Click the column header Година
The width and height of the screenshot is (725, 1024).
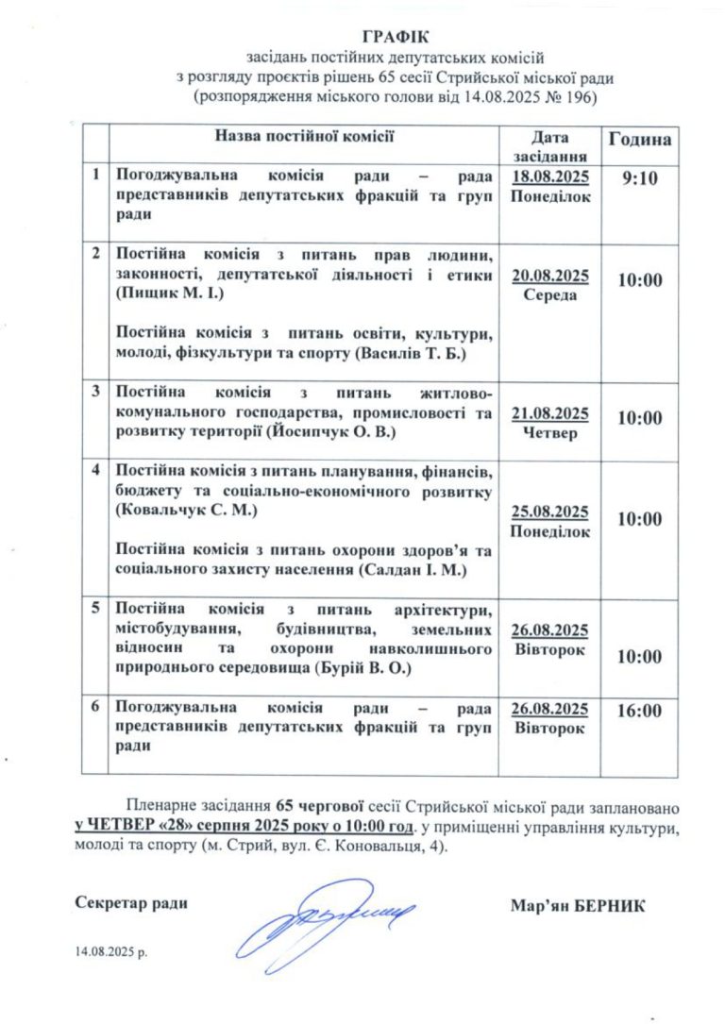640,140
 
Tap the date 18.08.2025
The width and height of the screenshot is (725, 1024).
550,177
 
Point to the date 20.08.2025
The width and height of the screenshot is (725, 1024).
550,276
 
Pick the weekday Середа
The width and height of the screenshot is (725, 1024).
550,294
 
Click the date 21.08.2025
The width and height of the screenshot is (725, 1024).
550,413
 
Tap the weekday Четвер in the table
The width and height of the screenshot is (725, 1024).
550,432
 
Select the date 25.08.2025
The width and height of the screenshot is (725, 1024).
550,512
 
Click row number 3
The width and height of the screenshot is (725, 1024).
95,390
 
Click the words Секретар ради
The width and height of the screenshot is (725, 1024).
130,903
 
